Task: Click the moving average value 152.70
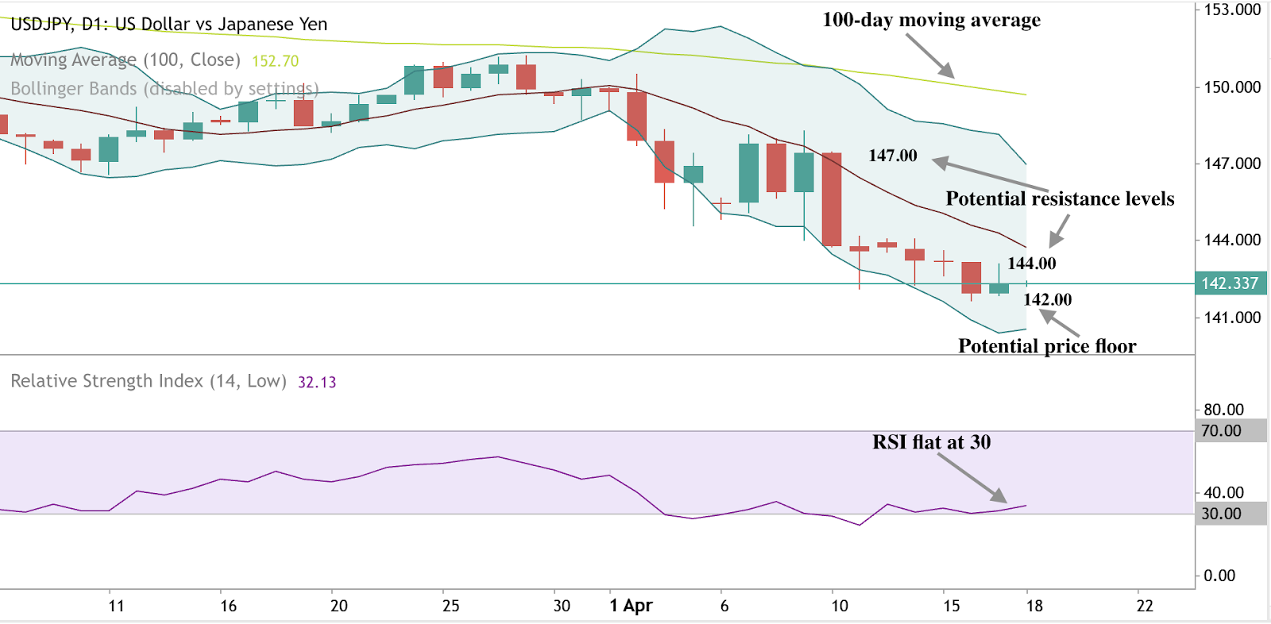coord(275,61)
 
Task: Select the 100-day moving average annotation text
coord(931,20)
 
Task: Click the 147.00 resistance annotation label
coord(892,156)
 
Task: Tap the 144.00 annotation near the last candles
coord(1031,264)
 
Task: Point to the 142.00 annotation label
coord(1047,300)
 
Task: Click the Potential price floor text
coord(1046,346)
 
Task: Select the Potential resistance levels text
coord(1059,198)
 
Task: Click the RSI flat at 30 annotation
coord(931,442)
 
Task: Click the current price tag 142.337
coord(1229,283)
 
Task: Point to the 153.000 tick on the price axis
coord(1231,10)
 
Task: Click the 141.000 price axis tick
coord(1231,318)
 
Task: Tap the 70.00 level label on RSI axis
coord(1221,431)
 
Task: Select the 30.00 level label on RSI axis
coord(1221,514)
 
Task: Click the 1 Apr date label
coord(631,606)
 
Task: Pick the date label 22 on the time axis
coord(1144,606)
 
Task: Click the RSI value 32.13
coord(316,383)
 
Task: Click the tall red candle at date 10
coord(832,198)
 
